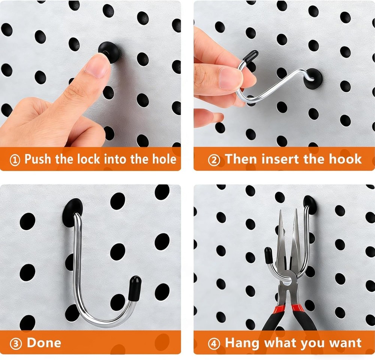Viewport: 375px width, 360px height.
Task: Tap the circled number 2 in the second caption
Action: pos(214,160)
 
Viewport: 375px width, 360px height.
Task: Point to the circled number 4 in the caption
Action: pos(214,343)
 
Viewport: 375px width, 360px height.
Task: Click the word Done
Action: pos(44,342)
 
